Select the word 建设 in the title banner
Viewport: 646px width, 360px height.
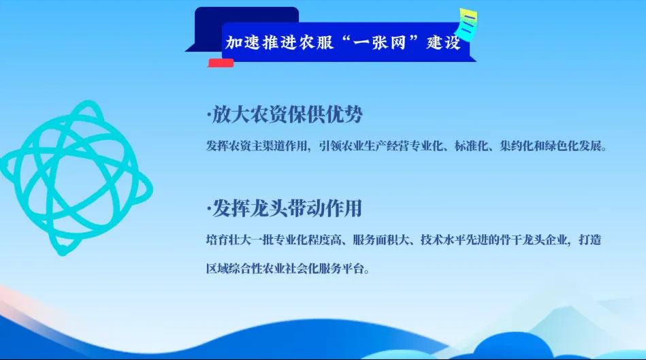(443, 42)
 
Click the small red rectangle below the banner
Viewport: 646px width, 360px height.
(221, 63)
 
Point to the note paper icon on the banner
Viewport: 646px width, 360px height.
(466, 24)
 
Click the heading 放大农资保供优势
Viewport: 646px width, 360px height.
(287, 114)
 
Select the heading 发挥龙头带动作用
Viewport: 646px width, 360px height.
(287, 208)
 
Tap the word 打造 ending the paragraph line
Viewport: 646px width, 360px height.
(590, 240)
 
